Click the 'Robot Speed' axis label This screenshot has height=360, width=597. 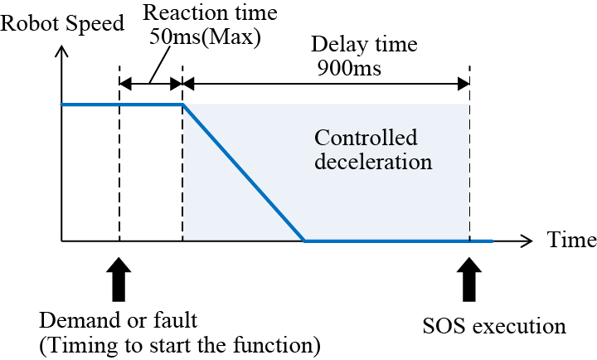[x=63, y=23]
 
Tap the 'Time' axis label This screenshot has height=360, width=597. [x=570, y=241]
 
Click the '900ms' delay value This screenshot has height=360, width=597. [x=349, y=68]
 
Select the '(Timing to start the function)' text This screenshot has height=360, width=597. [x=179, y=343]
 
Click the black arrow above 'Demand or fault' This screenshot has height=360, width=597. [x=119, y=279]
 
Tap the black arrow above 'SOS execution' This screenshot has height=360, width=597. [x=469, y=279]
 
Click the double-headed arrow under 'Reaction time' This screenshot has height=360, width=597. [x=151, y=83]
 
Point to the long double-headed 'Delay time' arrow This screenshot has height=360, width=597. [x=326, y=83]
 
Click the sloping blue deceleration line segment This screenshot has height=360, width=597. [x=244, y=173]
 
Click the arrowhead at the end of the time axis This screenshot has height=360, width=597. [x=527, y=241]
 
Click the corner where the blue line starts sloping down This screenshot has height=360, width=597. [x=183, y=105]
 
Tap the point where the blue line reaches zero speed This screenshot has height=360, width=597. [x=304, y=241]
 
